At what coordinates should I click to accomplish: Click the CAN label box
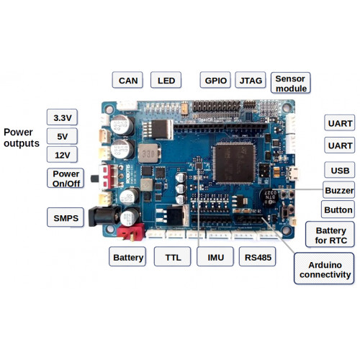(x=128, y=81)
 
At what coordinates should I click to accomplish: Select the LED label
(x=165, y=81)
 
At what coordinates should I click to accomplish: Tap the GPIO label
(x=215, y=81)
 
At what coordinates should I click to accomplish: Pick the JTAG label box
(x=251, y=81)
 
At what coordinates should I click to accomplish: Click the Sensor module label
(x=291, y=83)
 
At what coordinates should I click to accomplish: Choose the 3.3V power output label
(x=62, y=117)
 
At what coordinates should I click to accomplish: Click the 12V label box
(x=62, y=155)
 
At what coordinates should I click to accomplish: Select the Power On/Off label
(x=66, y=179)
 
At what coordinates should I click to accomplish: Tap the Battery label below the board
(x=128, y=257)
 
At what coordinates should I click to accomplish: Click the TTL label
(x=173, y=257)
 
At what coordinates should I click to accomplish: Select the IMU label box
(x=215, y=257)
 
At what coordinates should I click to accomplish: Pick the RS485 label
(x=258, y=257)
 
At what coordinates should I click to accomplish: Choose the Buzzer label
(x=338, y=190)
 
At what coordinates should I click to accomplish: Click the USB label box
(x=338, y=170)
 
